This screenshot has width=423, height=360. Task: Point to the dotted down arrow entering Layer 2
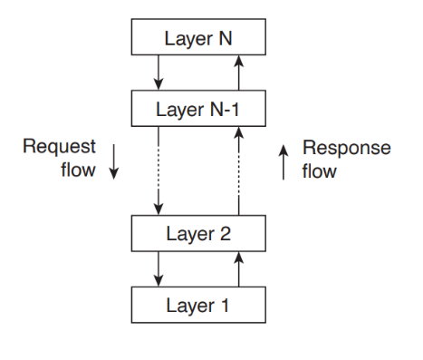pos(159,171)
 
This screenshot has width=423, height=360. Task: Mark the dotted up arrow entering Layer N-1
pos(239,171)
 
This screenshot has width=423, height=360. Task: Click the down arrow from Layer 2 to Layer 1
pos(159,268)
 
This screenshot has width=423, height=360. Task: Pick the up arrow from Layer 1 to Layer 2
pos(239,268)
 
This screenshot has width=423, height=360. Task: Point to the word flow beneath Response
pos(319,170)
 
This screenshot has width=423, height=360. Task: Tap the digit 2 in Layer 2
pos(227,234)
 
